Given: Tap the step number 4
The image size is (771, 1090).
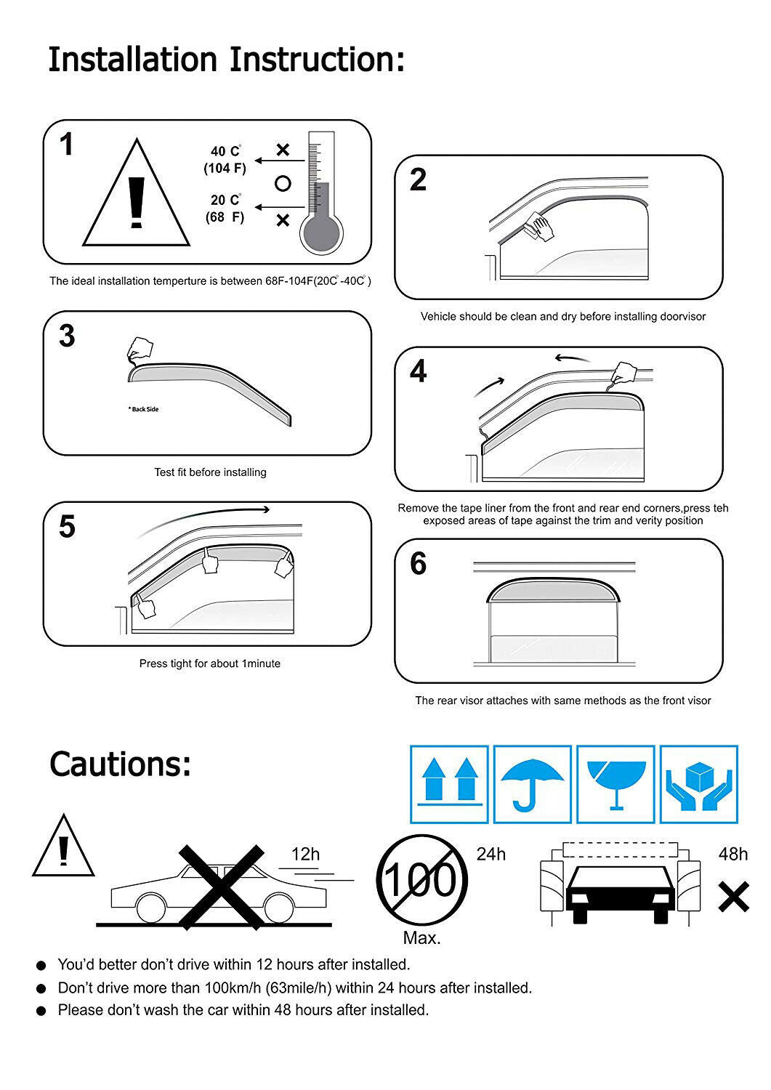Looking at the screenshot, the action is [418, 371].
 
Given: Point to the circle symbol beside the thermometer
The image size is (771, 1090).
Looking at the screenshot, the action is [283, 183].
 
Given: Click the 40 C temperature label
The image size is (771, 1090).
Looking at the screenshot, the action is [225, 151].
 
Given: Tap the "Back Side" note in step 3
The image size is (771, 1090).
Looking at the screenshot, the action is [144, 409].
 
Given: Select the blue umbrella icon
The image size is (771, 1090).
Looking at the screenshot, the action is [532, 785].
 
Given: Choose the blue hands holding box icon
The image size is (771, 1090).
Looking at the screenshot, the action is [699, 785].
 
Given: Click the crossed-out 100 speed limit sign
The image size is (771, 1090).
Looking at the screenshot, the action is [422, 880].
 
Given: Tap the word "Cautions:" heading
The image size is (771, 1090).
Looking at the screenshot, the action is [120, 764].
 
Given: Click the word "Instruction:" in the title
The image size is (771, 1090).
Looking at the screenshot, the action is [317, 60].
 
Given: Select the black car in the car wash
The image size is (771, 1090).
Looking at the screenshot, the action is [620, 895].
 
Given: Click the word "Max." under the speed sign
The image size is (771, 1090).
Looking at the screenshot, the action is [421, 937].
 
